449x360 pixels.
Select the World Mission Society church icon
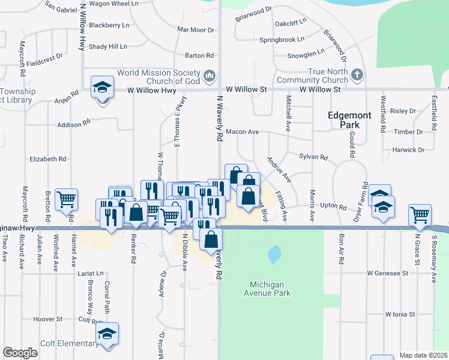[209, 76]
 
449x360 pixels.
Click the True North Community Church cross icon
[357, 75]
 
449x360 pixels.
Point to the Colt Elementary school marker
[107, 334]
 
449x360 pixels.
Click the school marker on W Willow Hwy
[103, 88]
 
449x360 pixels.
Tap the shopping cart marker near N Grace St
[420, 215]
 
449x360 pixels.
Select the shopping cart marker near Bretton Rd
[66, 199]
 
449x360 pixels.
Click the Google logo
[20, 353]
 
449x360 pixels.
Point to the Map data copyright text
[424, 355]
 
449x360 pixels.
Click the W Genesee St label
[388, 272]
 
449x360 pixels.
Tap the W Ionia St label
[401, 314]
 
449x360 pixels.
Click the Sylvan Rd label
[313, 157]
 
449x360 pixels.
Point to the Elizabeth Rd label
[48, 159]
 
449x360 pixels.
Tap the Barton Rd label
[199, 56]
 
